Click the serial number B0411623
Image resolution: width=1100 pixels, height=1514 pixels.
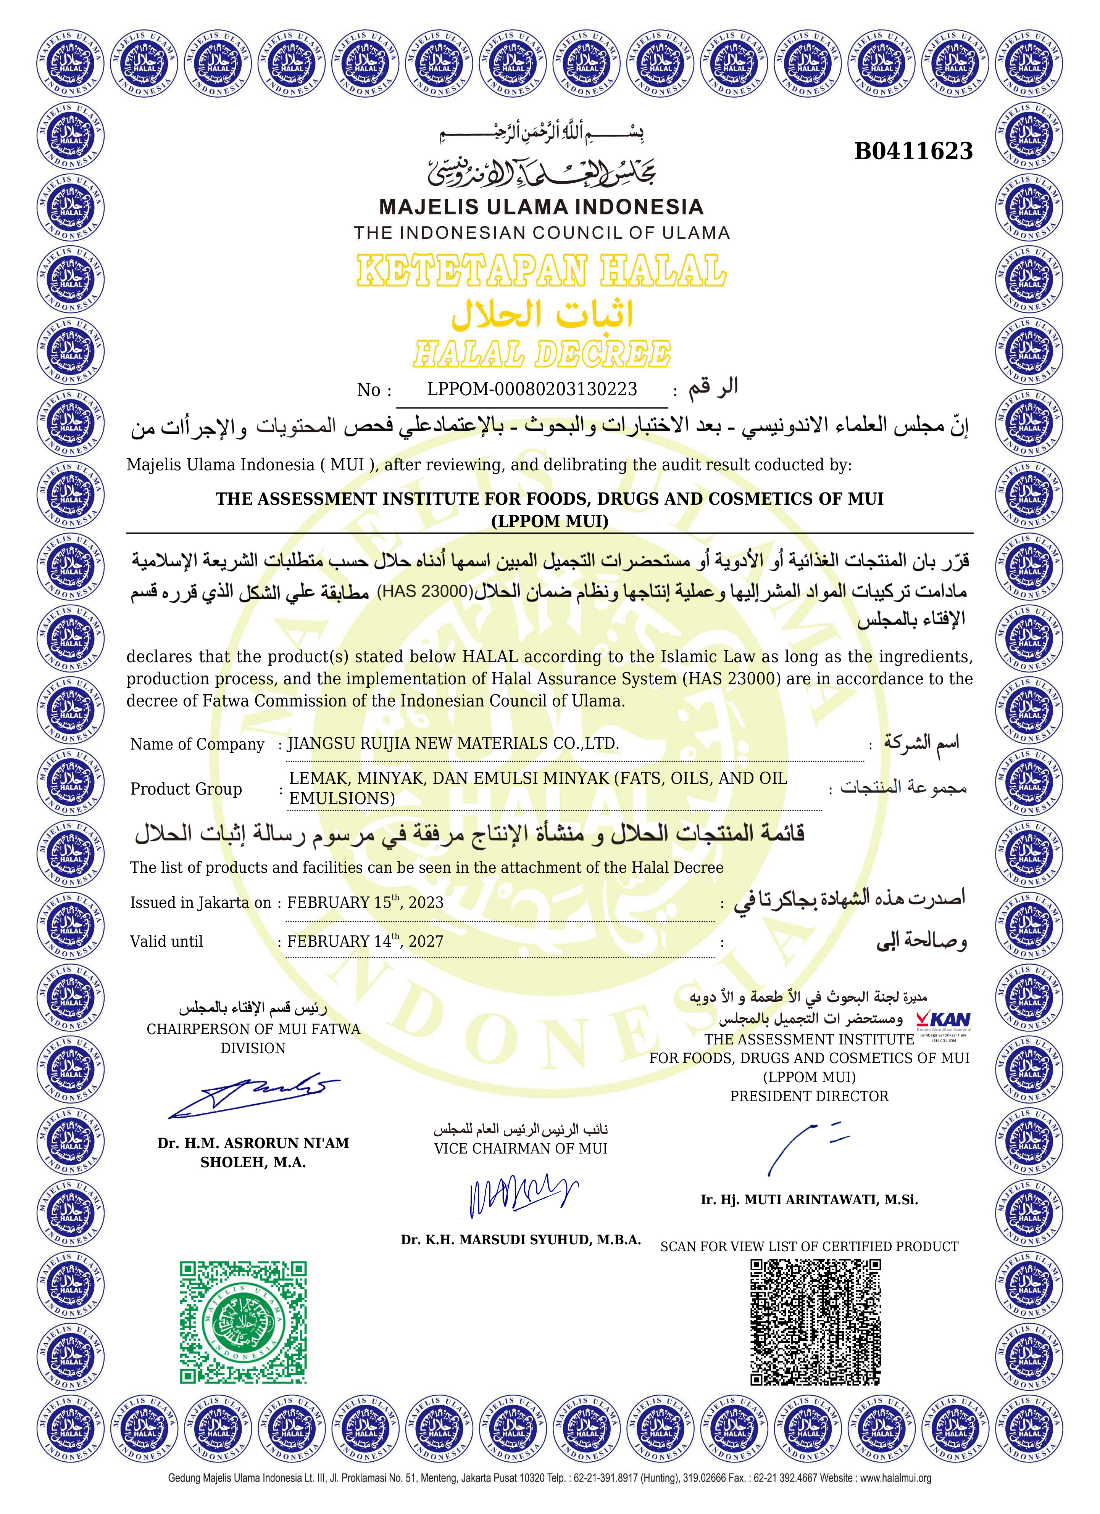click(913, 151)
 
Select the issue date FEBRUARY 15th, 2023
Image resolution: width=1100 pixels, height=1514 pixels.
click(365, 903)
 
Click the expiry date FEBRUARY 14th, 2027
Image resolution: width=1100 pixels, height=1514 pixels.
click(365, 941)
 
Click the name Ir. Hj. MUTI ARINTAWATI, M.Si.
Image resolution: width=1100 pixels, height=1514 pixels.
click(809, 1200)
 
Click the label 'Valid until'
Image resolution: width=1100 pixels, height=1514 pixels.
click(166, 941)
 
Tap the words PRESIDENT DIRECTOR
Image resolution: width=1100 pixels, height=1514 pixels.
click(809, 1096)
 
